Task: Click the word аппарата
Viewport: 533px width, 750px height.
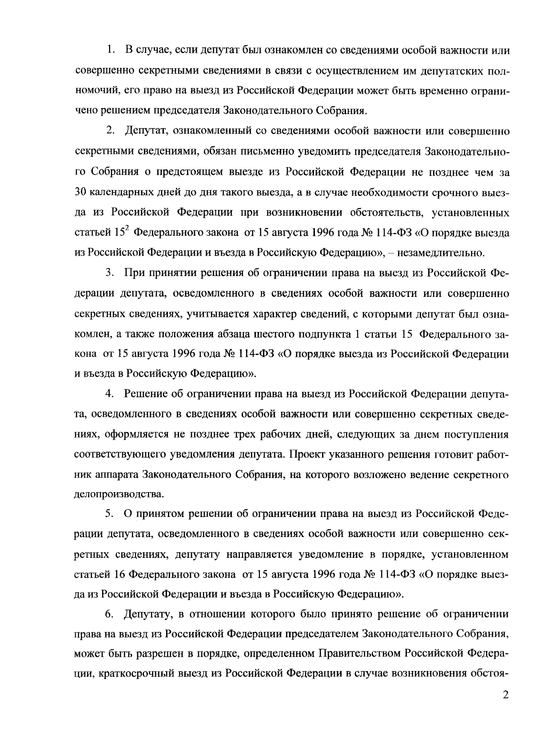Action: (116, 474)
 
